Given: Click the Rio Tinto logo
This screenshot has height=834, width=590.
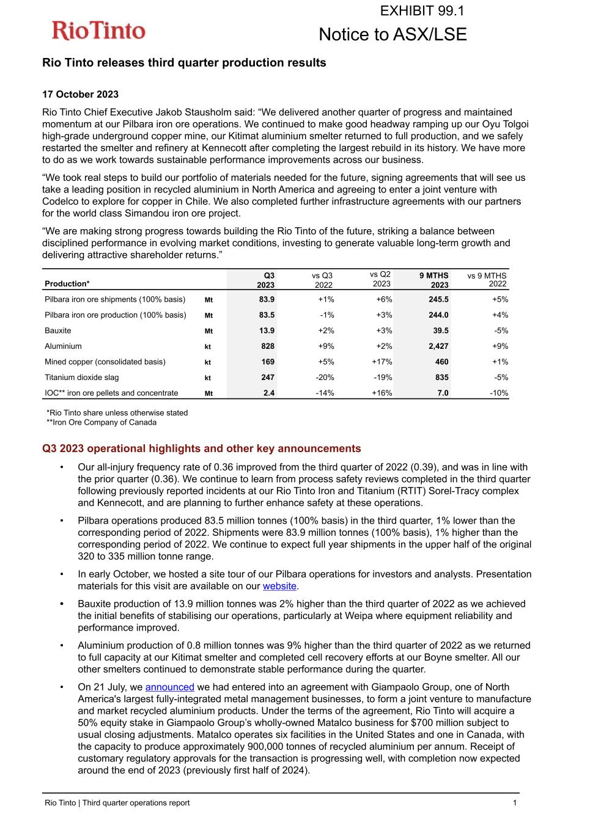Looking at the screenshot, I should tap(98, 31).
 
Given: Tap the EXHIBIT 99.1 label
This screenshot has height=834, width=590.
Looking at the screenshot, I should tap(422, 10).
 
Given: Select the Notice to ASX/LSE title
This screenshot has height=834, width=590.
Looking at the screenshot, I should tap(393, 35).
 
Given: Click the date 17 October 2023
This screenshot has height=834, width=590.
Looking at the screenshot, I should tap(80, 94).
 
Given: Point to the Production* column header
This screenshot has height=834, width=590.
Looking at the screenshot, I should tap(67, 283).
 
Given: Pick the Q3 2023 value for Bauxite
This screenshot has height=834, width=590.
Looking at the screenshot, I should tap(267, 331).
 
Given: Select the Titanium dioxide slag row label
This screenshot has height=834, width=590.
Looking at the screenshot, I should tap(82, 378).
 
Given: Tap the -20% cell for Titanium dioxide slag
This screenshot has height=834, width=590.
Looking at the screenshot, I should tap(324, 378).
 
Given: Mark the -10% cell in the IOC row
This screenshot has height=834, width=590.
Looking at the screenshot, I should tap(498, 393).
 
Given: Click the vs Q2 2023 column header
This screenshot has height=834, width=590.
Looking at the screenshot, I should tap(380, 279).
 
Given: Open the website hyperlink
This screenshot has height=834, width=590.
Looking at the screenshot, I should tap(279, 586).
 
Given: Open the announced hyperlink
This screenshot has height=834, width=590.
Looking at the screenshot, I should tap(169, 687).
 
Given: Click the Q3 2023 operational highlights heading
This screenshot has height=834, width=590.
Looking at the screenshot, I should tap(201, 448).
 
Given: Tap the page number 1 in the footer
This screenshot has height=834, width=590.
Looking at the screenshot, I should tap(515, 803).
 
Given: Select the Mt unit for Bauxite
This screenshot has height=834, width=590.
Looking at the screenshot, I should tap(208, 331).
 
